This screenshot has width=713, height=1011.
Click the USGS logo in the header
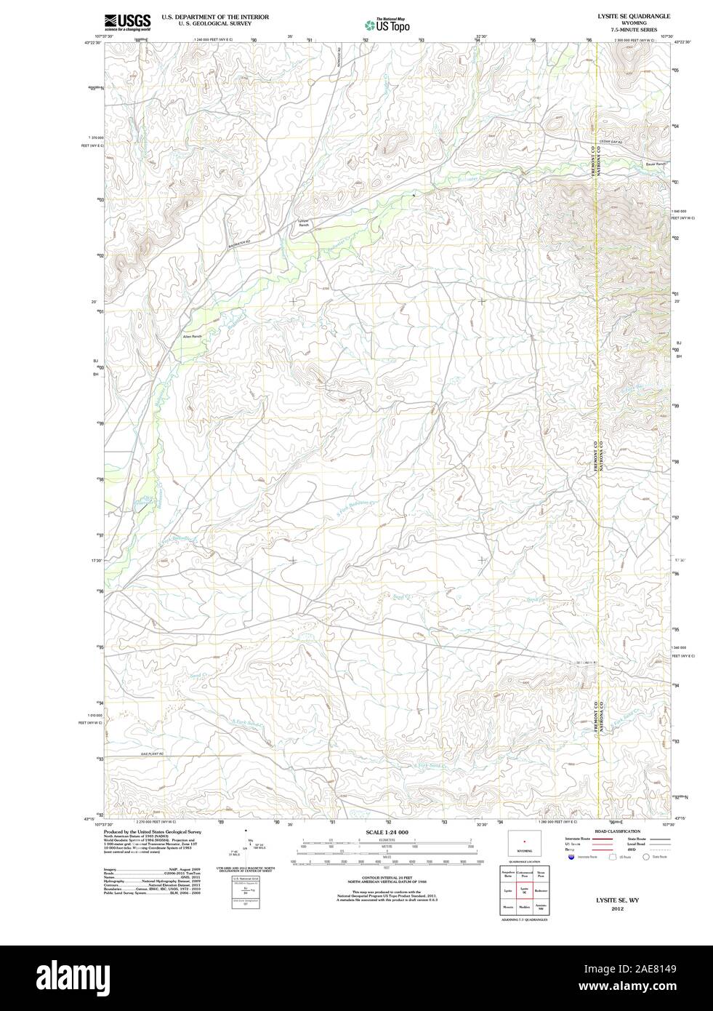(127, 21)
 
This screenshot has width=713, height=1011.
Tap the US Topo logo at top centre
(387, 25)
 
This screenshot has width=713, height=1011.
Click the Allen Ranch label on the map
(192, 337)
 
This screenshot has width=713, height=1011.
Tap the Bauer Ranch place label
(655, 164)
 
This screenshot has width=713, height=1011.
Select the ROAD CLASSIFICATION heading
(617, 831)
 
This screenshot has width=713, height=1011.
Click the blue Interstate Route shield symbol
(571, 857)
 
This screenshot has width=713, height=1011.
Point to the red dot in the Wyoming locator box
(524, 842)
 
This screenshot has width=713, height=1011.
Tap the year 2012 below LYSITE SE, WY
(617, 908)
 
